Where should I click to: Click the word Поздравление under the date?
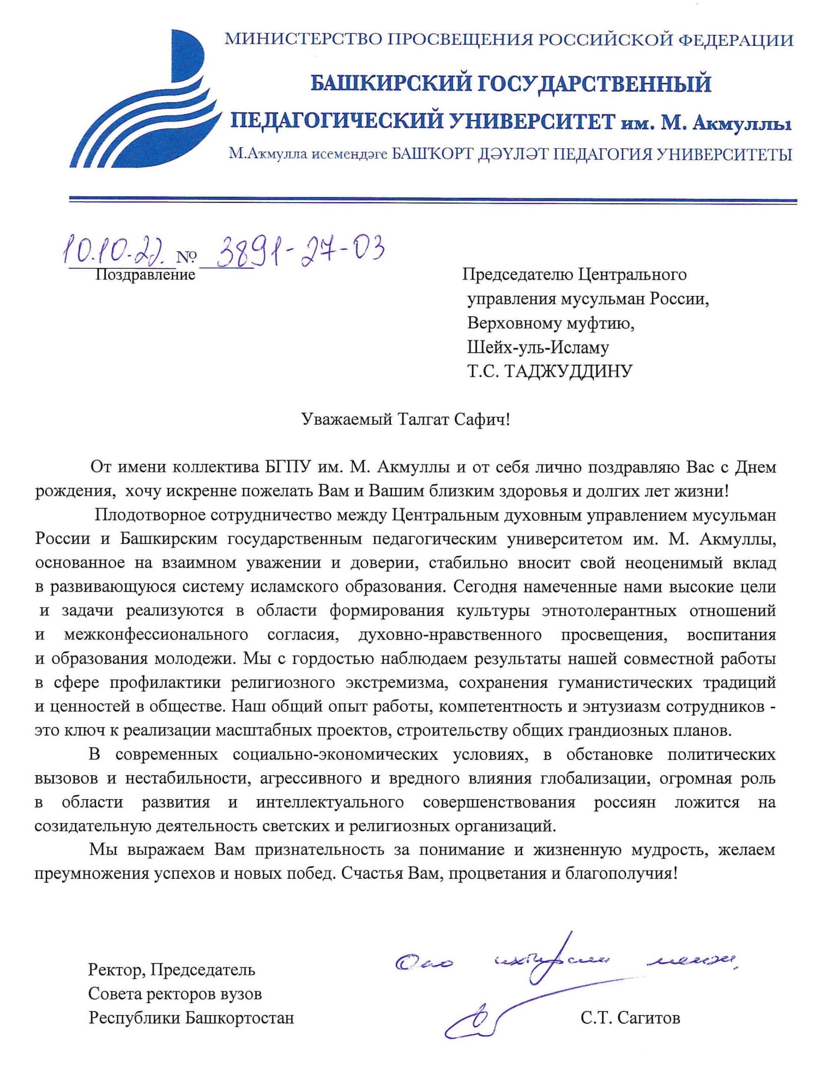click(145, 274)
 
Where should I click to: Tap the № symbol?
click(187, 257)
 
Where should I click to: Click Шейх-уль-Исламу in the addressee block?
click(538, 347)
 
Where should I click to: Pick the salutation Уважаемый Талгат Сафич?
click(406, 419)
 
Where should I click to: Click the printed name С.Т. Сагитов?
click(630, 1018)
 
